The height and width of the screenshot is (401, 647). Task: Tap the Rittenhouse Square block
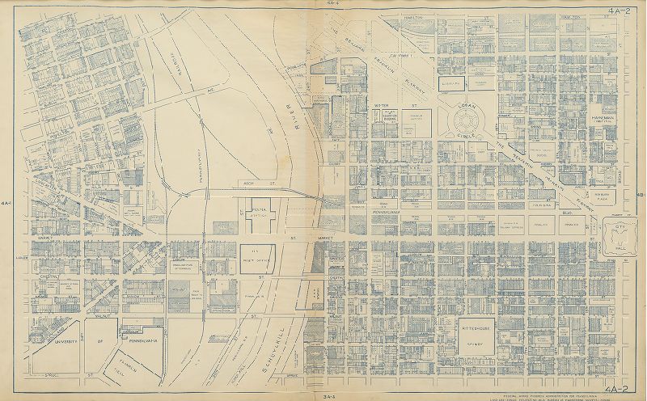(x=460, y=333)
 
